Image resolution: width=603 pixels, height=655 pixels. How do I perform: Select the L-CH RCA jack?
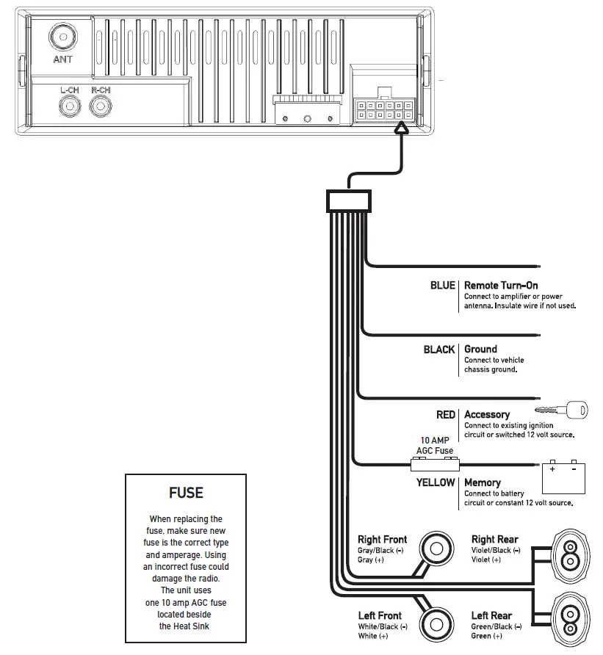(70, 107)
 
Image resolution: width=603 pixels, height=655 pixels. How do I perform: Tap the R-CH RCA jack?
(100, 107)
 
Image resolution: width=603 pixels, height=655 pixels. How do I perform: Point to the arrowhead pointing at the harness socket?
(401, 129)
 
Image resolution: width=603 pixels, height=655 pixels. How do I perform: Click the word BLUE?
(442, 285)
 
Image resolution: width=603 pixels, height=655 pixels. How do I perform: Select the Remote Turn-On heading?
(501, 285)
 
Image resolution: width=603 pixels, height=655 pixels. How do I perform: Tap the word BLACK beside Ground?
(438, 350)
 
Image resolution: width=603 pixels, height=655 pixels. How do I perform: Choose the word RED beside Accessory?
(445, 415)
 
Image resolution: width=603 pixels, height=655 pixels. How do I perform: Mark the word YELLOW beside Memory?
(436, 482)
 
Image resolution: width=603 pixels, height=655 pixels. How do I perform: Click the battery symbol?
(563, 477)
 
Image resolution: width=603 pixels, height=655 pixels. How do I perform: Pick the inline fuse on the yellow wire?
(435, 464)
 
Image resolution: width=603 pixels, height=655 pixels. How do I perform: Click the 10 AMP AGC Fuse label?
(436, 445)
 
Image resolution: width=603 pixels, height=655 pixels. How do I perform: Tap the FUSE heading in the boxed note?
(186, 493)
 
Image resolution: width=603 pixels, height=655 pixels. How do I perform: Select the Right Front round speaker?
(436, 549)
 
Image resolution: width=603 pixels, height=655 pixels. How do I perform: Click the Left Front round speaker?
(436, 624)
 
